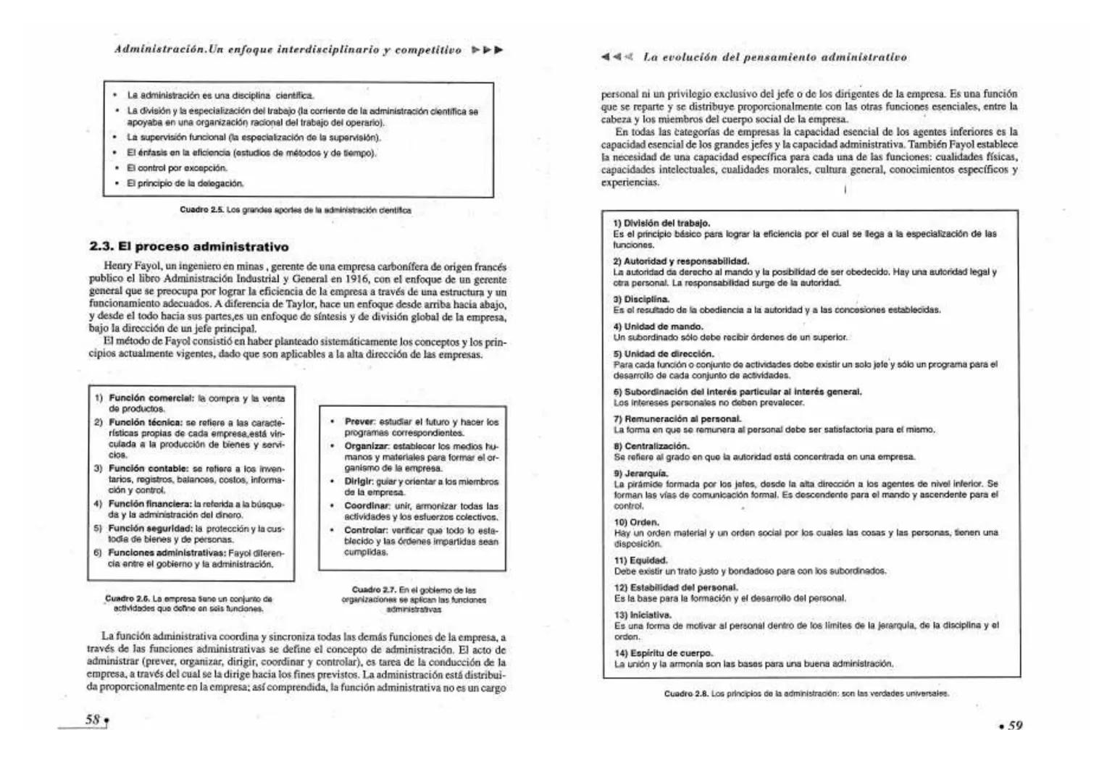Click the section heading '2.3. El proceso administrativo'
[188, 246]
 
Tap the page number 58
[93, 720]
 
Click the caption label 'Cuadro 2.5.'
[202, 210]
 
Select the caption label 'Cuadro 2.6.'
[128, 599]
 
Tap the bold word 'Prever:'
[360, 421]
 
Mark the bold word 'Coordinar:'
[367, 506]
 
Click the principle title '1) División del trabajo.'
[661, 223]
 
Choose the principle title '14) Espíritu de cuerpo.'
[663, 653]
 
